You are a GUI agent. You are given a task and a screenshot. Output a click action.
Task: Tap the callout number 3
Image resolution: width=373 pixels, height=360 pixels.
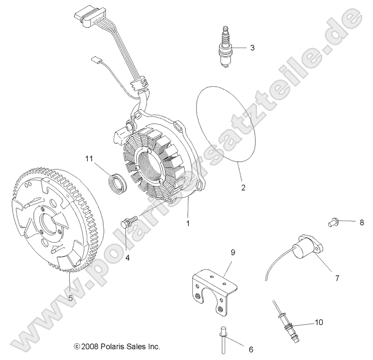253,47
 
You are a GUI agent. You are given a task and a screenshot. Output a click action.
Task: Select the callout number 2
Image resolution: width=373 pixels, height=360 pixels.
243,188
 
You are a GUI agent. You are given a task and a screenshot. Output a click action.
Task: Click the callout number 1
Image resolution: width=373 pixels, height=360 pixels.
188,222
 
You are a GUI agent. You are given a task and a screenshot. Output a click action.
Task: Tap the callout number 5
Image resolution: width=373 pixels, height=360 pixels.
70,297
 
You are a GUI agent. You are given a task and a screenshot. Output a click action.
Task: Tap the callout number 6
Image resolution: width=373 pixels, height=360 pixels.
251,349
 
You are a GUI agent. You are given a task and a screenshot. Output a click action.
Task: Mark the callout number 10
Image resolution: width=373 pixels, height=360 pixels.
318,322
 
